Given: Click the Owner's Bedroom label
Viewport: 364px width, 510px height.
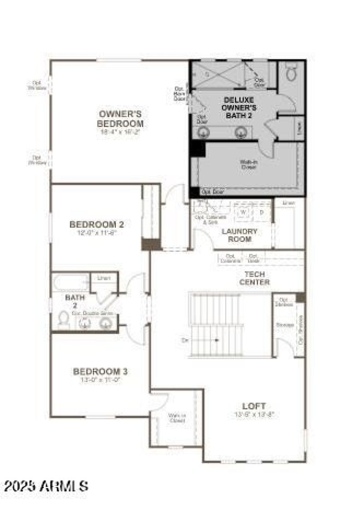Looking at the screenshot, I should [x=121, y=118].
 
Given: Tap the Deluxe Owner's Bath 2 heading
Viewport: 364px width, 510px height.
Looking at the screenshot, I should [x=239, y=107].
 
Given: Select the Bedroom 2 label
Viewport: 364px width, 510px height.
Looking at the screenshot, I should [x=96, y=224].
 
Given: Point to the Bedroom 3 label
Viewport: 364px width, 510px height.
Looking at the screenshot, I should [x=100, y=372].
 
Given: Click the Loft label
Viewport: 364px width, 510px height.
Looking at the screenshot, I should [x=254, y=406].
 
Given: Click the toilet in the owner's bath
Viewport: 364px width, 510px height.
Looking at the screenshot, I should [x=291, y=73].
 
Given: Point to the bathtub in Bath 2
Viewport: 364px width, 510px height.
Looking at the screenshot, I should [x=71, y=282].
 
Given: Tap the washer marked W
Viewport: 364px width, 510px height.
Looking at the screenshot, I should [x=243, y=212].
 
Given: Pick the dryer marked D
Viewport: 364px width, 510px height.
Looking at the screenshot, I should [x=261, y=212].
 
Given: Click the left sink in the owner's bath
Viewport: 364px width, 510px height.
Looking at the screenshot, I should [x=203, y=133].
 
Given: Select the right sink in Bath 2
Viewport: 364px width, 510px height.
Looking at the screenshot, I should [x=106, y=323].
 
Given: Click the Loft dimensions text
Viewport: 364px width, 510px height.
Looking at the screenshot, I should [x=254, y=414].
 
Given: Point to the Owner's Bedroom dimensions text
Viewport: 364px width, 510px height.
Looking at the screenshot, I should [x=121, y=132].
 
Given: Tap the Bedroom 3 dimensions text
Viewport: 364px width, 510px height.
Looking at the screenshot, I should [x=100, y=381].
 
